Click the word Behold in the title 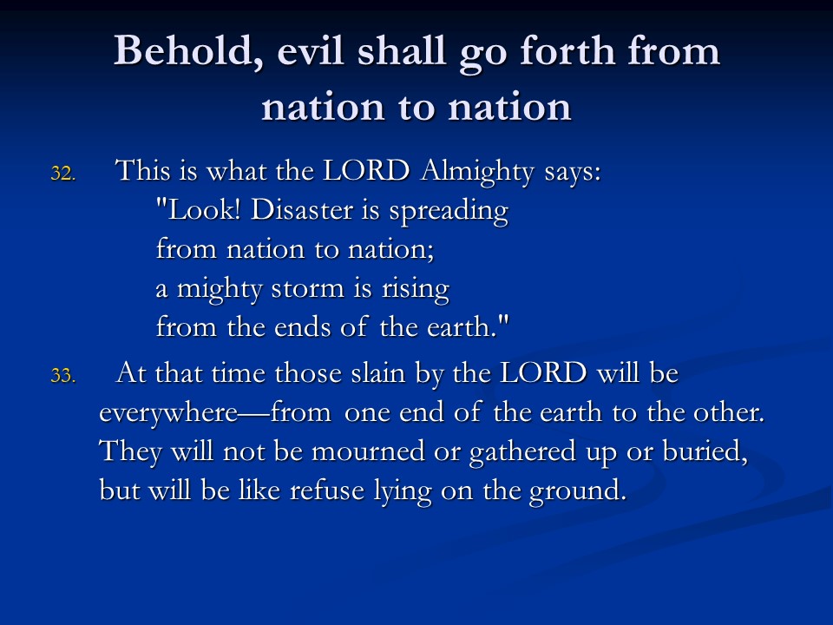pos(189,51)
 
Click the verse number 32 pos(63,174)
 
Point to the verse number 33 pos(63,376)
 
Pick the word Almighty pos(476,172)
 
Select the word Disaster pos(301,209)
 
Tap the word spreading pos(449,212)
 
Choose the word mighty pos(220,289)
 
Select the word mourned pos(368,451)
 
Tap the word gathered pos(522,452)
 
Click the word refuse pos(326,490)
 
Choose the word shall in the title pos(401,51)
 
